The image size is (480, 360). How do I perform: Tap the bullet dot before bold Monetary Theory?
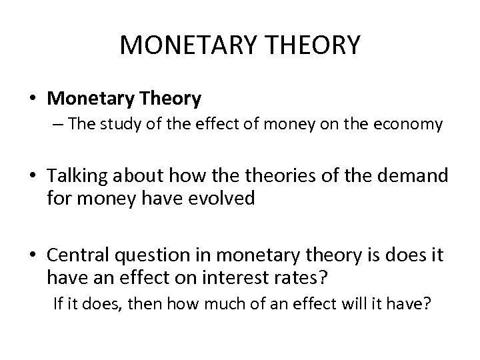pos(33,100)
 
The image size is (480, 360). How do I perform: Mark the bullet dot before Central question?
pos(33,255)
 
